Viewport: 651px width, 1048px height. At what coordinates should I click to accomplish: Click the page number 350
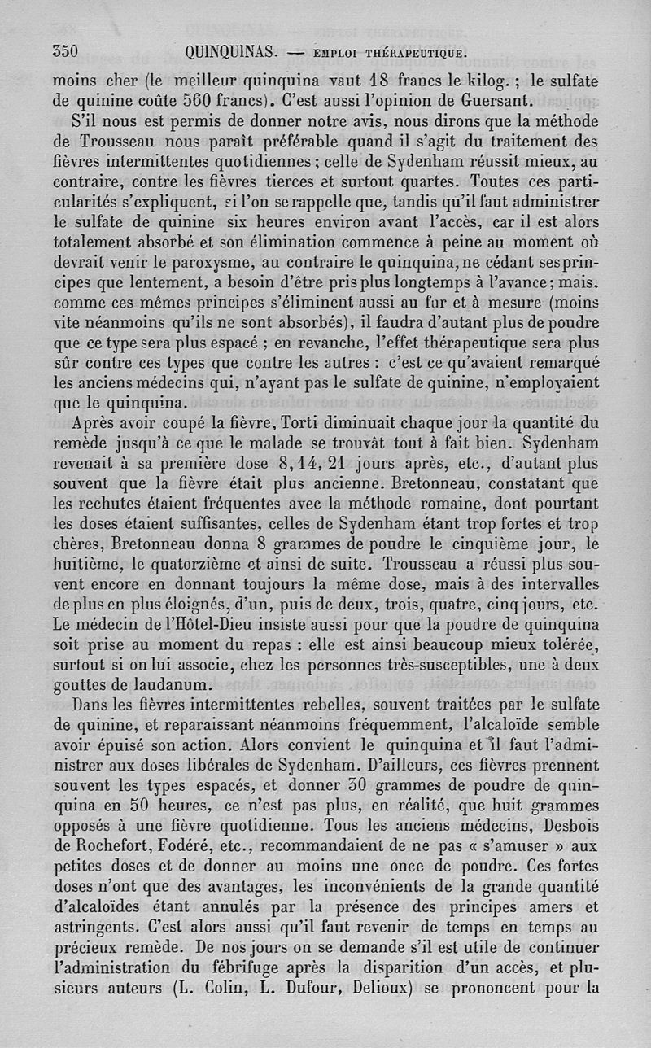click(64, 51)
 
